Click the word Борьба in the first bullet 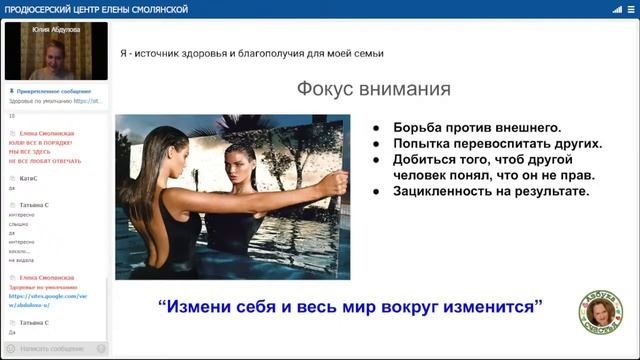coord(417,128)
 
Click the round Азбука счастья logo coord(601,315)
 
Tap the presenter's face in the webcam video coord(46,57)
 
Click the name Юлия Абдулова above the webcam coord(55,31)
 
